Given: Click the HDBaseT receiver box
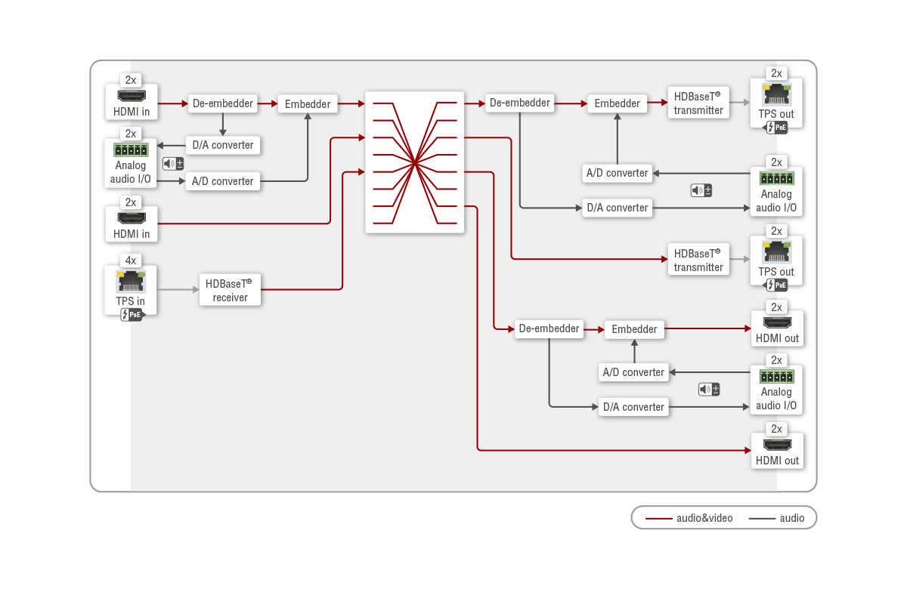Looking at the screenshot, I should [230, 291].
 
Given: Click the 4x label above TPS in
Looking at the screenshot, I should [131, 261].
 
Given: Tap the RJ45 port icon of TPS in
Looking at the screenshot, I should [131, 282].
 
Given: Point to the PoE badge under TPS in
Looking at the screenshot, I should [131, 315].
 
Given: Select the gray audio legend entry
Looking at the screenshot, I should [776, 518].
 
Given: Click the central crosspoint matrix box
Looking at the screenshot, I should [414, 162].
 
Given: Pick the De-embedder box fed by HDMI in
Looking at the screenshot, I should [222, 103].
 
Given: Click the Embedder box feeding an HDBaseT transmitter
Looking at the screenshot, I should [617, 103].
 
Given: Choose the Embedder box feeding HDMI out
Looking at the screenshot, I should [634, 328].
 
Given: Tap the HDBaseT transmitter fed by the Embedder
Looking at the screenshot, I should [698, 103].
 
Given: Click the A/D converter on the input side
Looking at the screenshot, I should [222, 181].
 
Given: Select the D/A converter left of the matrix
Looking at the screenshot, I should [222, 145].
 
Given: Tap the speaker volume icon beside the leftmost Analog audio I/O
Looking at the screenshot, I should [173, 164].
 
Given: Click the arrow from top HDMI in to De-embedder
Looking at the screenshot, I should [173, 103].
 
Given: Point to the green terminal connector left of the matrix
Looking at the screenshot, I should [131, 150].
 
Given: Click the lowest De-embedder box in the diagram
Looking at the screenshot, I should [549, 328].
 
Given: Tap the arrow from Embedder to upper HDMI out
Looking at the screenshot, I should [707, 328].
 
